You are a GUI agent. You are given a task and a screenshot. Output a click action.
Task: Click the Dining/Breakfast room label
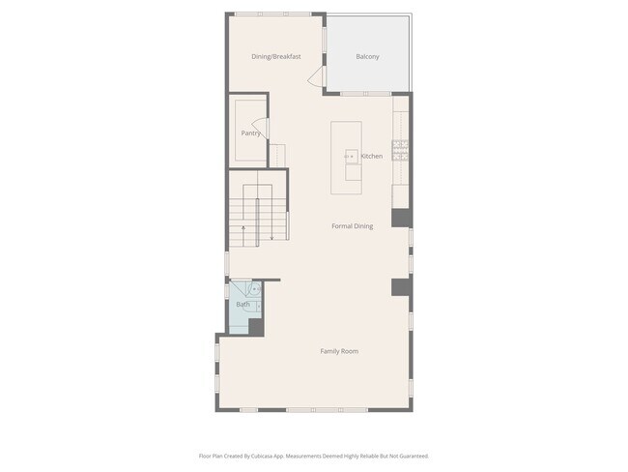click(x=276, y=57)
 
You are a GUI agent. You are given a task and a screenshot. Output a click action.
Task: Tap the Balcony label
click(x=367, y=57)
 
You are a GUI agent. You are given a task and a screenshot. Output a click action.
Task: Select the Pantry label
click(x=250, y=133)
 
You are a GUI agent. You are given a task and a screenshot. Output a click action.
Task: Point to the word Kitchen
click(x=372, y=156)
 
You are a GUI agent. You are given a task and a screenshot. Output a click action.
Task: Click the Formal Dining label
click(x=352, y=226)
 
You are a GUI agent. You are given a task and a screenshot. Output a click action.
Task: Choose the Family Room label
click(x=339, y=351)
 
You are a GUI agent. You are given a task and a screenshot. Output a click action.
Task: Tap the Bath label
click(x=243, y=305)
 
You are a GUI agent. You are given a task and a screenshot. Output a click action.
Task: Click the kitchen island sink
click(x=350, y=156)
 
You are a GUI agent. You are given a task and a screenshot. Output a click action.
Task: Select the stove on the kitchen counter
click(x=401, y=150)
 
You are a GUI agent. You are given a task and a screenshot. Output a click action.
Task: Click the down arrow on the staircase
click(x=272, y=233)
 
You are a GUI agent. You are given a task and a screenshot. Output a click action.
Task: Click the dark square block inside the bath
click(x=256, y=327)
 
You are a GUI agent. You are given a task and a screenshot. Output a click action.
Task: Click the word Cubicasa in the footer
click(x=275, y=456)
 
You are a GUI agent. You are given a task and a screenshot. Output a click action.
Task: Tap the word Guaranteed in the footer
click(x=410, y=456)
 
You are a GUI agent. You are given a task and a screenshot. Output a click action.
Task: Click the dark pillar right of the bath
click(x=400, y=287)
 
